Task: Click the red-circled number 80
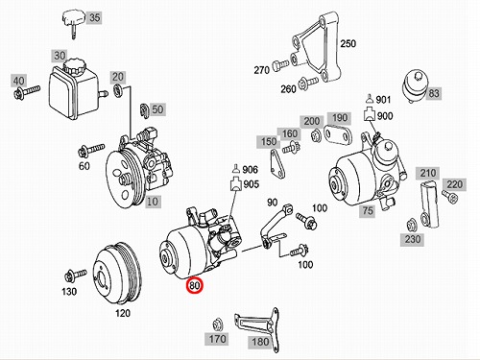click(x=195, y=285)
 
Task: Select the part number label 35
click(x=95, y=17)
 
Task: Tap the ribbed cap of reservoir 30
click(x=75, y=65)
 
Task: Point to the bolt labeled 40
click(x=27, y=91)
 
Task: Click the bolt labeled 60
click(x=91, y=150)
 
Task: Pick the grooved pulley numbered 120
click(x=118, y=274)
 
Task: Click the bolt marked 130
click(x=76, y=276)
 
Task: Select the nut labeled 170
click(x=218, y=324)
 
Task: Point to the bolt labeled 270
click(x=280, y=65)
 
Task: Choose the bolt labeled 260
click(x=308, y=83)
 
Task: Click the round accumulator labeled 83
click(x=416, y=85)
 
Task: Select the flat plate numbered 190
click(x=338, y=134)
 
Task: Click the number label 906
click(x=251, y=169)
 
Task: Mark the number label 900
click(x=385, y=116)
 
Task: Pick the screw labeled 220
click(x=450, y=196)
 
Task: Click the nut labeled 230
click(x=411, y=226)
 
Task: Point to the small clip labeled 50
click(x=144, y=110)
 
